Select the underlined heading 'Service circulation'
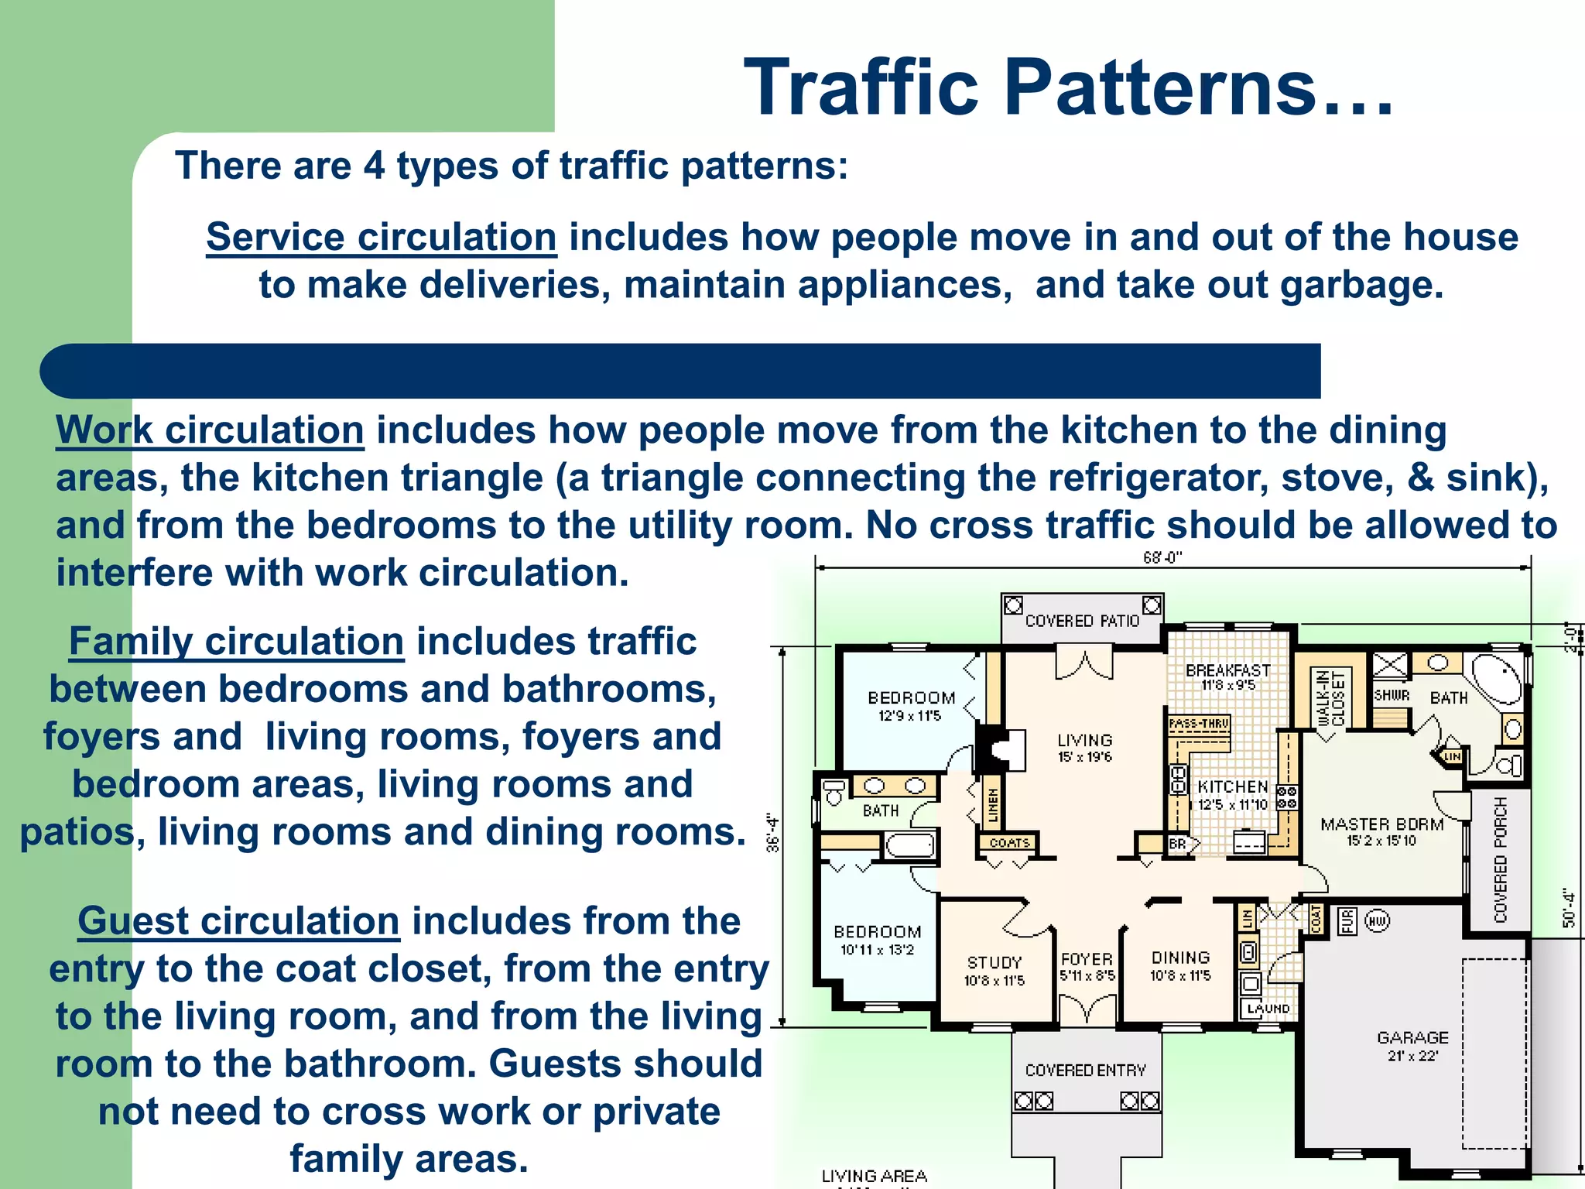[381, 237]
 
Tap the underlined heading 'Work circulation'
[210, 430]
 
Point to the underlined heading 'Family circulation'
[236, 642]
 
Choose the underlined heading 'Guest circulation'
[238, 921]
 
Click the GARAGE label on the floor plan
[1412, 1037]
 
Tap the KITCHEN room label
[1233, 786]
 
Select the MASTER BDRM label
[1382, 824]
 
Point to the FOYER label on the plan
[1087, 959]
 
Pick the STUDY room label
[994, 962]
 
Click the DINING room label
[1180, 958]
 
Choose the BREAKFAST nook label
[1228, 670]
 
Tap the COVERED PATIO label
[1082, 621]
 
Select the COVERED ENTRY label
[1085, 1070]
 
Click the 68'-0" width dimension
[1162, 558]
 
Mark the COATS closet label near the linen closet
[1009, 843]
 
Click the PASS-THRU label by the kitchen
[1199, 724]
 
